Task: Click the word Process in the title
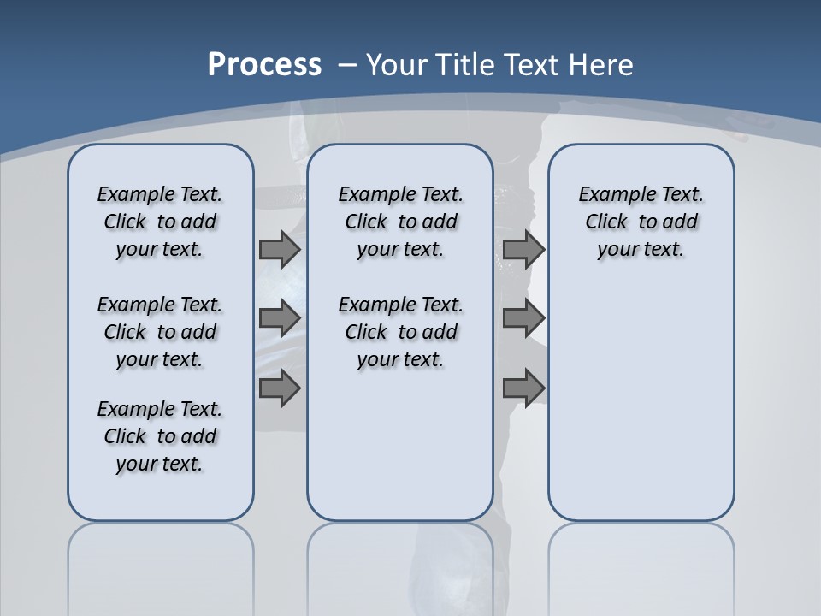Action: tap(264, 65)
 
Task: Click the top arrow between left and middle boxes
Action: tap(280, 250)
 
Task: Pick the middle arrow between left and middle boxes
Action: tap(280, 318)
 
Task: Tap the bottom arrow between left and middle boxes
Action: tap(280, 388)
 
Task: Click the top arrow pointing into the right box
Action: tap(523, 250)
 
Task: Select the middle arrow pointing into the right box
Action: tap(523, 318)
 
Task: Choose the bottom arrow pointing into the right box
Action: tap(523, 388)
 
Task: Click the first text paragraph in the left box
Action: tap(160, 222)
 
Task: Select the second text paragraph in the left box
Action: tap(160, 332)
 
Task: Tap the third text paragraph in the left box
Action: tap(160, 436)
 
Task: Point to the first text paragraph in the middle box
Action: tap(400, 222)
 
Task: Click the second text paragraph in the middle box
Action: tap(400, 332)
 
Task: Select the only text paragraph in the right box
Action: tap(641, 222)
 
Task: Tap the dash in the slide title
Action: tap(347, 65)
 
